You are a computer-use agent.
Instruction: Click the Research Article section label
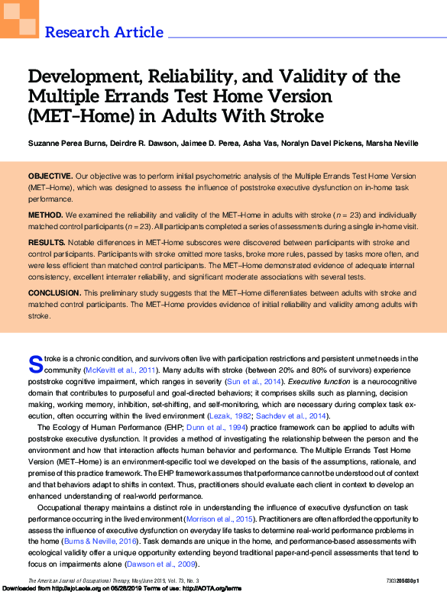coord(104,32)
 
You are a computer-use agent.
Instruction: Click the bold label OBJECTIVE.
coord(50,176)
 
